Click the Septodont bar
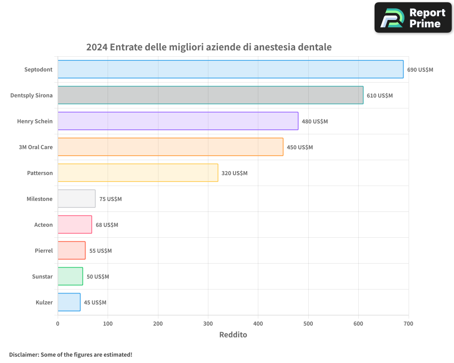point(230,69)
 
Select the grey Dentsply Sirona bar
point(210,95)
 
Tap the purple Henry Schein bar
point(178,121)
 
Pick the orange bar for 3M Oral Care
point(170,147)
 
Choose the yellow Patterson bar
point(138,173)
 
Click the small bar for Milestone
point(76,199)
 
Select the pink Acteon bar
point(74,225)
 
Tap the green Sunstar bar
point(70,276)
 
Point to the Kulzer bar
point(69,302)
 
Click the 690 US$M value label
point(420,70)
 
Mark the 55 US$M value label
point(100,251)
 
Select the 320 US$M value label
point(234,173)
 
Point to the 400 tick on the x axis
point(258,324)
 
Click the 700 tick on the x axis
point(408,324)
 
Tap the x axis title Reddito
point(233,335)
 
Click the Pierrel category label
point(44,251)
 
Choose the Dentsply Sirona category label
point(31,96)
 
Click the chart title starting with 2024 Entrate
point(209,47)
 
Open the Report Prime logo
point(413,18)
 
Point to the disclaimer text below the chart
point(70,354)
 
